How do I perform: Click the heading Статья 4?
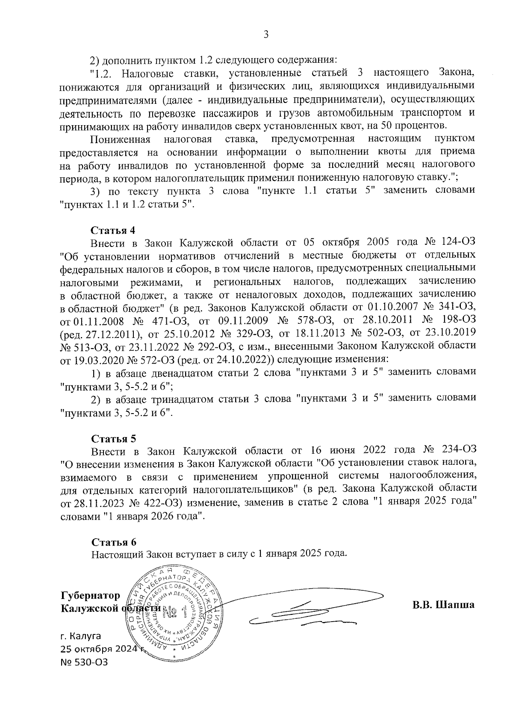click(x=113, y=230)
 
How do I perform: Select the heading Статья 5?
click(x=113, y=439)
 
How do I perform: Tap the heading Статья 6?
click(x=114, y=542)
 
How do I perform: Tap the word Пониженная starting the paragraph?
click(x=120, y=140)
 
